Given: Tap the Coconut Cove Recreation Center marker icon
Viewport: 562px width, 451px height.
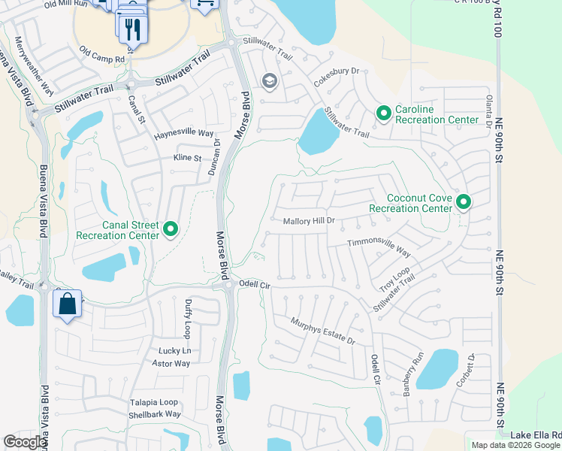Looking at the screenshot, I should click(x=464, y=201).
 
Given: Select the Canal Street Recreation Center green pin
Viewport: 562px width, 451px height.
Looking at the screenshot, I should click(x=171, y=229).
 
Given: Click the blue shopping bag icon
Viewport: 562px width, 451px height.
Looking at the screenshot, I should click(x=67, y=304).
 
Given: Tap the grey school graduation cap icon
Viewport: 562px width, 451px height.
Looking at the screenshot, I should click(x=268, y=81).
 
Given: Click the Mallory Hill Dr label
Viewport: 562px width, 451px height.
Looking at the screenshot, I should click(x=308, y=222).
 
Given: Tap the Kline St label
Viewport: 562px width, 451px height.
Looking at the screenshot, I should click(x=187, y=159).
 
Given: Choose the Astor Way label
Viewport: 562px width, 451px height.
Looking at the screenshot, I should click(x=172, y=363).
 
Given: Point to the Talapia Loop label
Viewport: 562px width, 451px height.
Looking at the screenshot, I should click(x=153, y=402).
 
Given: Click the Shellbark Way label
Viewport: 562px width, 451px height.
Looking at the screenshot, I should click(x=154, y=414).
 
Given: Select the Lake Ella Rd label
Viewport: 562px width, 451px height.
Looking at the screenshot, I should click(x=536, y=435).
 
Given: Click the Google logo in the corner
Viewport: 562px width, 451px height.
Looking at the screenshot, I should click(x=25, y=442).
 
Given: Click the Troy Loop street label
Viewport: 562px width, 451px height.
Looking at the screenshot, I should click(x=394, y=280).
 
